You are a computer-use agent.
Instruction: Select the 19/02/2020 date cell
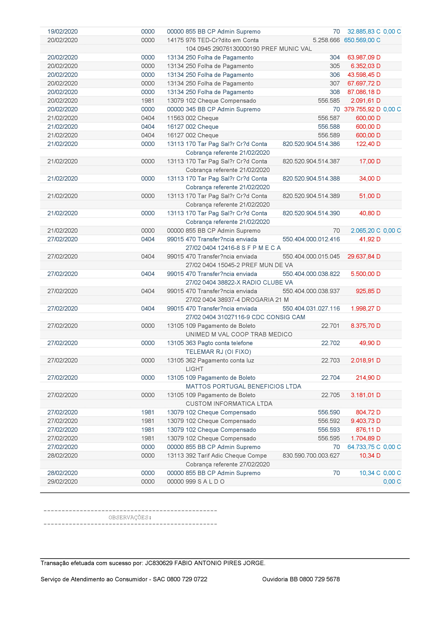click(x=63, y=32)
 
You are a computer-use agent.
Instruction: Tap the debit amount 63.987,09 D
click(x=364, y=58)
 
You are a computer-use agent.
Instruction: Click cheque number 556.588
click(x=329, y=127)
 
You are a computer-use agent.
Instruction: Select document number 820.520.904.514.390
click(x=311, y=213)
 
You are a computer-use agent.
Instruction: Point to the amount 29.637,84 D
click(x=364, y=257)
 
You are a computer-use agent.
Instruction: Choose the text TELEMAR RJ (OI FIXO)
click(x=218, y=352)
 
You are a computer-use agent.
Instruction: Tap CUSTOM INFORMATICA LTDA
click(x=229, y=404)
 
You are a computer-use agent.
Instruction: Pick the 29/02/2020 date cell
click(x=63, y=482)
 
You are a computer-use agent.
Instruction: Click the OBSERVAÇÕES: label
click(x=130, y=518)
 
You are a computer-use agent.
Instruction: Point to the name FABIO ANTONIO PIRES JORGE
click(x=219, y=563)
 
